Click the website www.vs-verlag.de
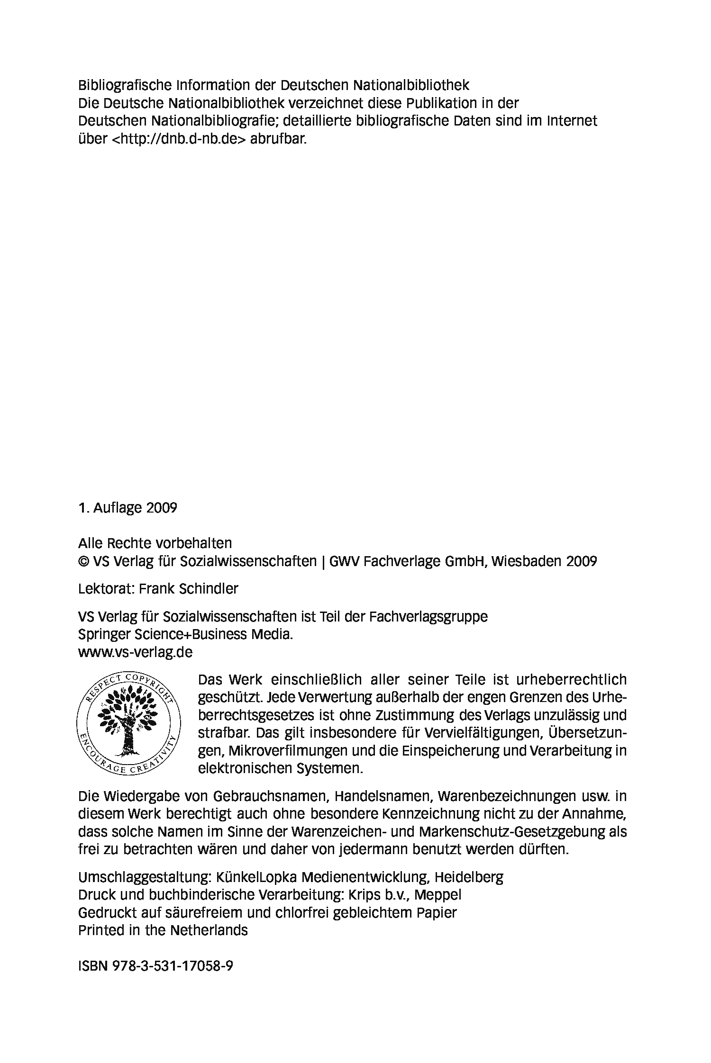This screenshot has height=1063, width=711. point(135,652)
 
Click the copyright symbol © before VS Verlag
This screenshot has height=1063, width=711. point(84,561)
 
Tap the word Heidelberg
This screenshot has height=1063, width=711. point(469,877)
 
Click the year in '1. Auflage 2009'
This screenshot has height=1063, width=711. point(162,508)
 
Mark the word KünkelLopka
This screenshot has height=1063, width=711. point(256,877)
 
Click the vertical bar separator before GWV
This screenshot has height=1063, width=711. point(324,561)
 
